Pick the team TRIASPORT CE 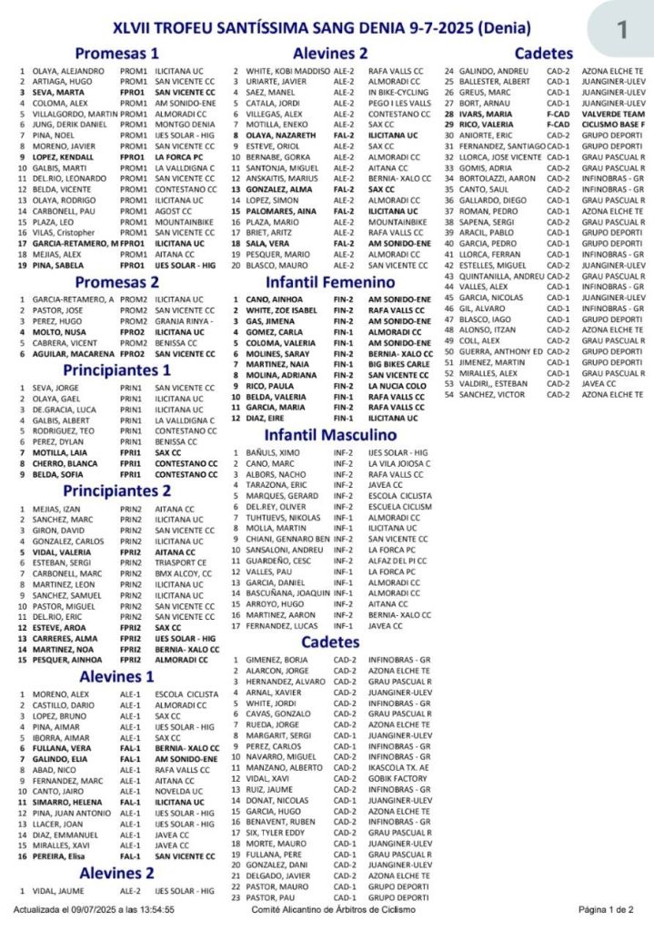click(182, 562)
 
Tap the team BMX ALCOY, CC click(183, 573)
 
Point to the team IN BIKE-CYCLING click(397, 92)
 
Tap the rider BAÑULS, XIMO click(270, 452)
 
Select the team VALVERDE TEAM click(615, 114)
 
